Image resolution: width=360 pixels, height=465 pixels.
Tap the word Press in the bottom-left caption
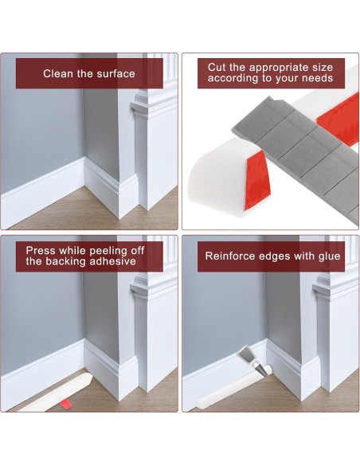(x=41, y=251)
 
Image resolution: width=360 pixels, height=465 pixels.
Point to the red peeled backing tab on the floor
(x=66, y=404)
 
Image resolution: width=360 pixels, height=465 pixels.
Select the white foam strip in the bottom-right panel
(x=234, y=389)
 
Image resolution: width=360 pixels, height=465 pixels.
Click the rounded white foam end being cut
(x=217, y=177)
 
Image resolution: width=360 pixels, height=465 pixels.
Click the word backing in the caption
(x=66, y=262)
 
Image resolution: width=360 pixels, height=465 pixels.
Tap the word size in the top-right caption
(x=323, y=68)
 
